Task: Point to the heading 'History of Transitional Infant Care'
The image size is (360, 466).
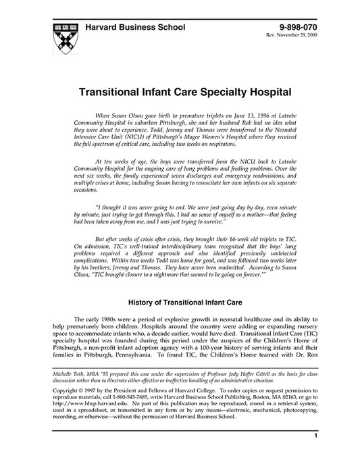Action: [x=180, y=284]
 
